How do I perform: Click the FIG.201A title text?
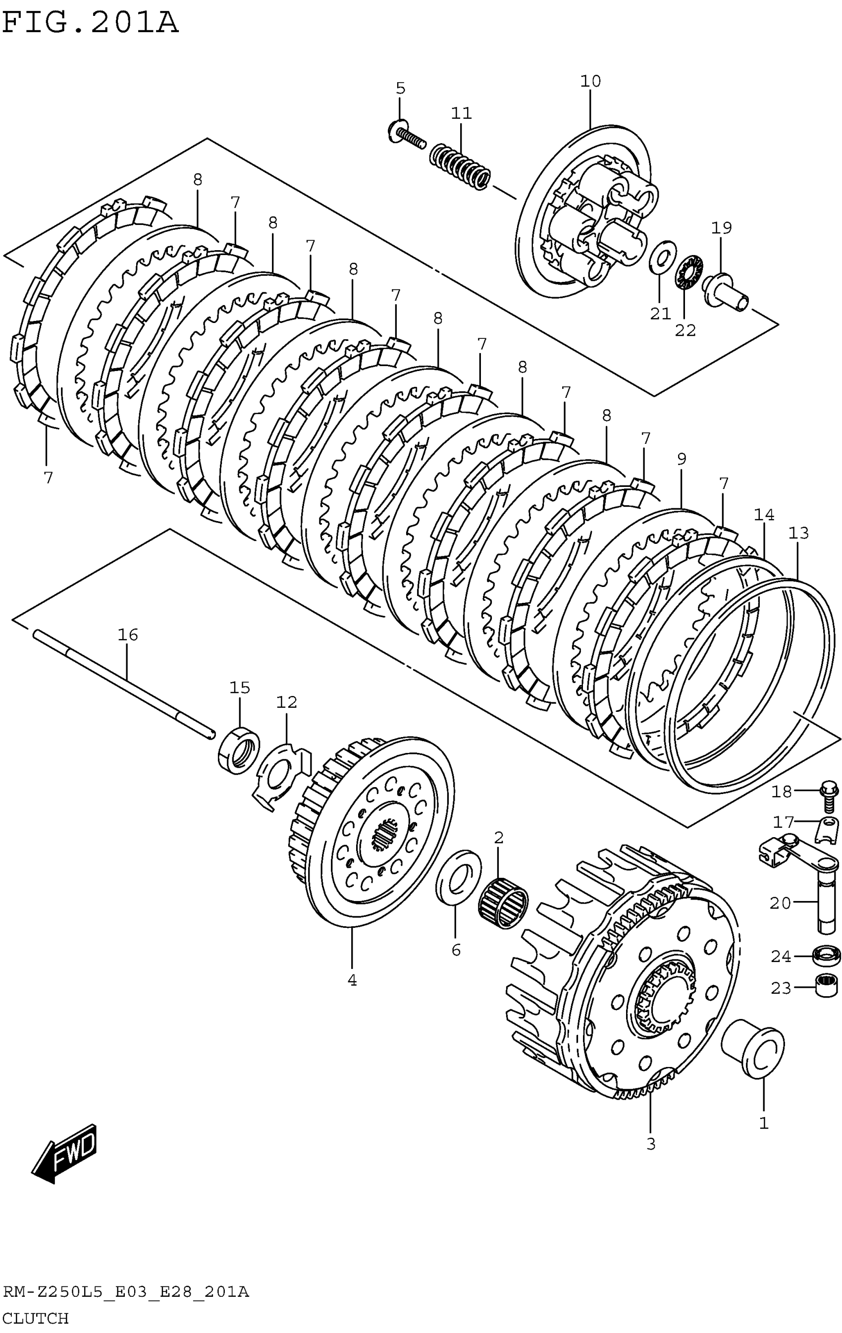(90, 23)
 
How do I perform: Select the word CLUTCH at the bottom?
(36, 1318)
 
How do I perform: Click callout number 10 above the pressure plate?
(590, 81)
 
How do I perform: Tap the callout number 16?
(127, 635)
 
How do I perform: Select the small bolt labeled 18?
(829, 796)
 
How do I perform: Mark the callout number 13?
(798, 533)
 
